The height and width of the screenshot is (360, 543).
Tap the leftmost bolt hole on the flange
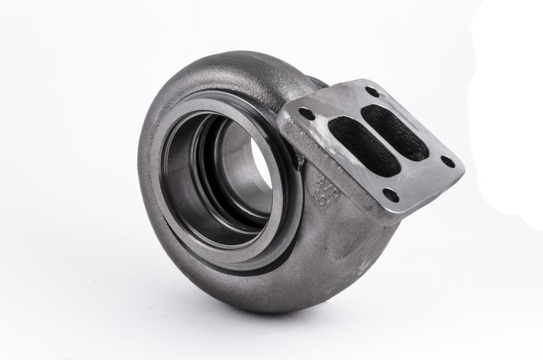(307, 114)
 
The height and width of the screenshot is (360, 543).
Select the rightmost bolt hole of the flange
(448, 162)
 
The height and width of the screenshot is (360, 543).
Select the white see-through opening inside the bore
(261, 163)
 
